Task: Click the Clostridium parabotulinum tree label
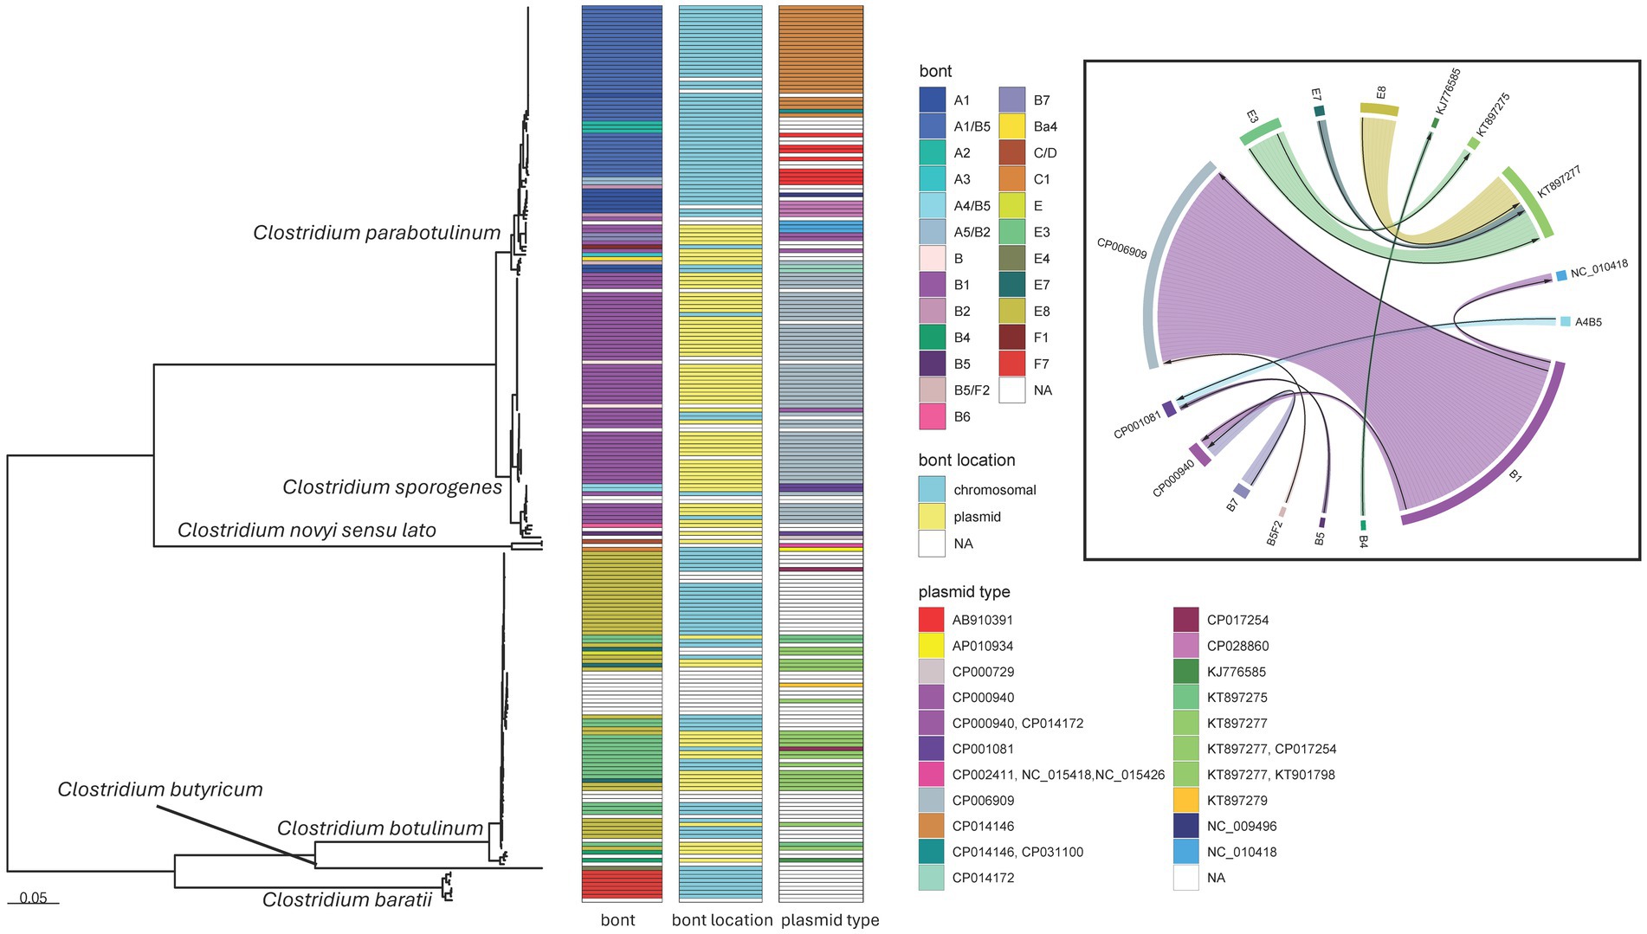pos(377,233)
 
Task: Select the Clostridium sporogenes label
pos(392,487)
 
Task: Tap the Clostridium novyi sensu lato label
pos(307,530)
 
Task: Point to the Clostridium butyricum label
pos(160,789)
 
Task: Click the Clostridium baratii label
pos(347,900)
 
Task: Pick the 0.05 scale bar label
pos(33,898)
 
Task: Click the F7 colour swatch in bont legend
pos(1012,364)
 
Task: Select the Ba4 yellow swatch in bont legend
pos(1012,126)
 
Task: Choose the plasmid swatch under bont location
pos(932,517)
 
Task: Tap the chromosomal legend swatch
pos(932,490)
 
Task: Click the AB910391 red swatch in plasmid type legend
pos(931,620)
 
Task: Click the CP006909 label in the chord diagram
pos(1121,248)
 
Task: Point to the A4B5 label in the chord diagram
pos(1588,322)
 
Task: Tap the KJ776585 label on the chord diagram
pos(1448,91)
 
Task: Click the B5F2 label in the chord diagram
pos(1275,531)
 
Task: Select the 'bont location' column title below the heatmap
pos(722,920)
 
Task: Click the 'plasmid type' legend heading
pos(964,592)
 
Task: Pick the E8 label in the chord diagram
pos(1381,92)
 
